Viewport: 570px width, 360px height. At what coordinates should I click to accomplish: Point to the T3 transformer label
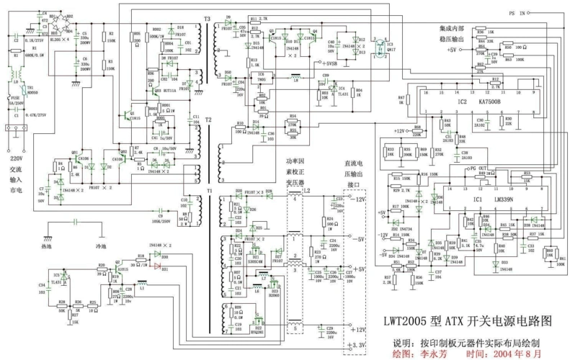click(208, 18)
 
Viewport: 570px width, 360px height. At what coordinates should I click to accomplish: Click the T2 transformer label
click(208, 120)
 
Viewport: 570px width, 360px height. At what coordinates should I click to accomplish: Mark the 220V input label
click(15, 158)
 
